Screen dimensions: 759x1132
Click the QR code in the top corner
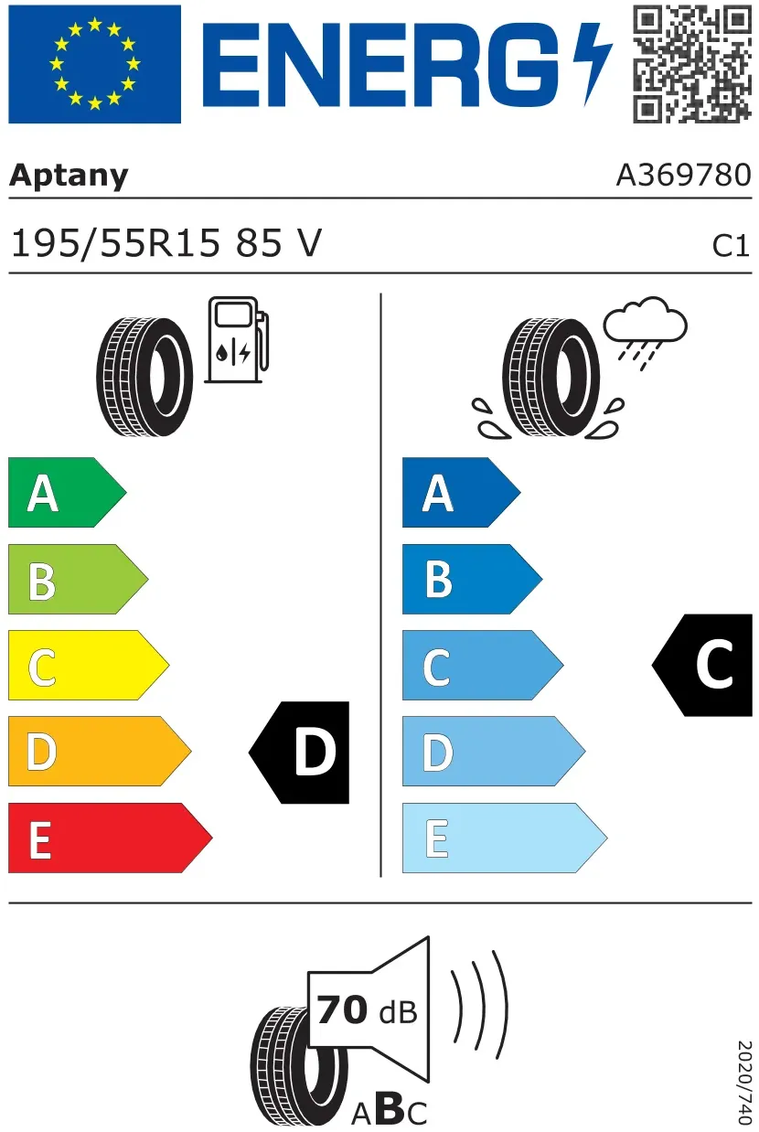pyautogui.click(x=692, y=64)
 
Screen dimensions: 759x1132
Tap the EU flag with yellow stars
pyautogui.click(x=94, y=64)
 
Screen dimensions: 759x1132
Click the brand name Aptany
pyautogui.click(x=69, y=176)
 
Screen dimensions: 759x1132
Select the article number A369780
pyautogui.click(x=684, y=175)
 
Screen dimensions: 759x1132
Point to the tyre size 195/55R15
pyautogui.click(x=116, y=243)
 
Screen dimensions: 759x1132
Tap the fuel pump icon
pyautogui.click(x=237, y=339)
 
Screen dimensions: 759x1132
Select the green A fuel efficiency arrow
pyautogui.click(x=67, y=492)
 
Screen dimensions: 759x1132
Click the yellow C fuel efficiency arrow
pyautogui.click(x=89, y=665)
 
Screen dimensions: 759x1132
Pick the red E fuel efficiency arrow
pyautogui.click(x=110, y=838)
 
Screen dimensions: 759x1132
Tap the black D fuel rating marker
pyautogui.click(x=299, y=753)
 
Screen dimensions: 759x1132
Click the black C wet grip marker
pyautogui.click(x=702, y=665)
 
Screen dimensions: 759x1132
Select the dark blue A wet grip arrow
pyautogui.click(x=462, y=492)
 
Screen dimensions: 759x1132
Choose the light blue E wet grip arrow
pyautogui.click(x=505, y=838)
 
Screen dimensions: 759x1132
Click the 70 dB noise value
pyautogui.click(x=368, y=1010)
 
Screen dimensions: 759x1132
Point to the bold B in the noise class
pyautogui.click(x=389, y=1109)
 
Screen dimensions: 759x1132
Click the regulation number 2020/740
pyautogui.click(x=745, y=1082)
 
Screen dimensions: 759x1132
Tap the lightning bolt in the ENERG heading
pyautogui.click(x=592, y=64)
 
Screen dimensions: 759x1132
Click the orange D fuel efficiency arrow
pyautogui.click(x=100, y=751)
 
